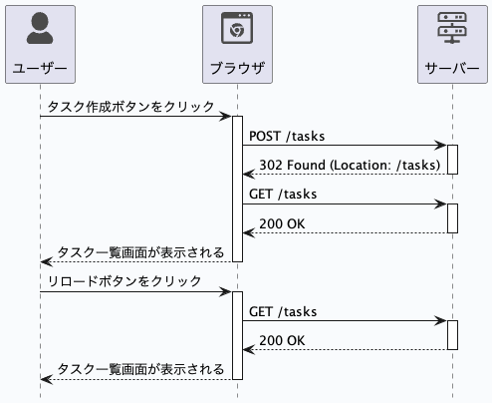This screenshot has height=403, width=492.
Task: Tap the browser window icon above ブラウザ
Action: (237, 30)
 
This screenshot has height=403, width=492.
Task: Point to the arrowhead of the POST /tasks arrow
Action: (441, 146)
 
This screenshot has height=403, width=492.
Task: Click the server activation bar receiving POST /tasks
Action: (452, 160)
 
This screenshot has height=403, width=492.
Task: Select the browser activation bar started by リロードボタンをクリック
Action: (237, 335)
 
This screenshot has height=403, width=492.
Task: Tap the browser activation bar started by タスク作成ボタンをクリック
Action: (237, 189)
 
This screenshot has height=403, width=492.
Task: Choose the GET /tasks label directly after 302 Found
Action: (282, 194)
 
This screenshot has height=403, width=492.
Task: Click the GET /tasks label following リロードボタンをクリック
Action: (282, 311)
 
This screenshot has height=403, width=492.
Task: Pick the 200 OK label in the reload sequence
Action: (282, 340)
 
